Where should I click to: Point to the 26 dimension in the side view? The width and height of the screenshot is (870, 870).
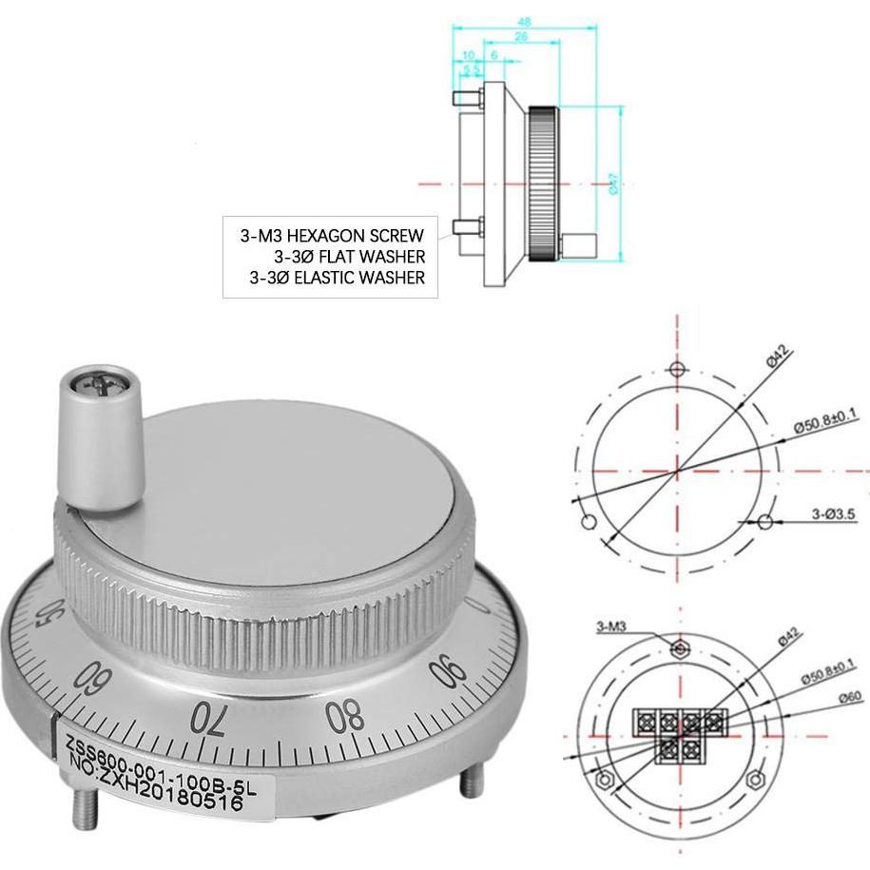[x=521, y=38]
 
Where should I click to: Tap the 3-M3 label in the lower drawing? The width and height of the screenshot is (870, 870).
[x=611, y=627]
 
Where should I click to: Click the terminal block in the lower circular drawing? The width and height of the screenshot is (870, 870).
[x=680, y=729]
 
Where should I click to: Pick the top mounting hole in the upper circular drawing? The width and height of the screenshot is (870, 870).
[x=676, y=370]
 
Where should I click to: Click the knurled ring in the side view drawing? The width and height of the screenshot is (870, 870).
[x=543, y=183]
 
